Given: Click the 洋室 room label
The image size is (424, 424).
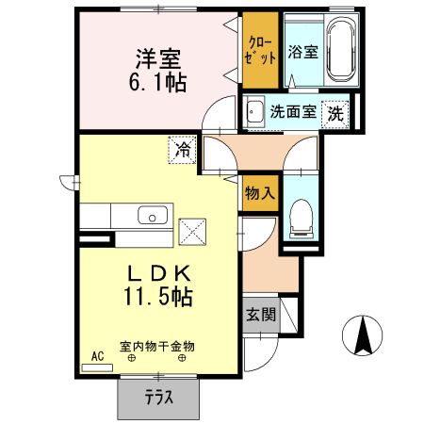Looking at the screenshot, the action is tap(158, 59).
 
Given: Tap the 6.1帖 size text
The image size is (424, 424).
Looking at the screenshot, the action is tap(157, 82).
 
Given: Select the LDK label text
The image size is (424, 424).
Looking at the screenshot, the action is tap(159, 273).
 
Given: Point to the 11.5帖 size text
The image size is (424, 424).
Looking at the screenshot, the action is tap(158, 296).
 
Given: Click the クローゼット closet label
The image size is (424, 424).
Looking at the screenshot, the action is tap(260, 51).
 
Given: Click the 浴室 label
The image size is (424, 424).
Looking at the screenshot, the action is tap(303, 52).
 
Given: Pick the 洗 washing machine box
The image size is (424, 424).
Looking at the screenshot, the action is tap(335, 115).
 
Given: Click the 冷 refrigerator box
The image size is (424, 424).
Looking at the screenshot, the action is tap(182, 150).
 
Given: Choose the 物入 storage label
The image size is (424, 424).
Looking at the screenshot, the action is tap(260, 193).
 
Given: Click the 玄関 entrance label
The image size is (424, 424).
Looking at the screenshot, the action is tap(261, 314).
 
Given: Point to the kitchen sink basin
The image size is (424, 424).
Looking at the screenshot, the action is tap(153, 215).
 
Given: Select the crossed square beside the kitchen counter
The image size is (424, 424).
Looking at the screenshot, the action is tap(192, 232).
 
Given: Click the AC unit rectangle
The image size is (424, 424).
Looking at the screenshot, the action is tap(97, 367).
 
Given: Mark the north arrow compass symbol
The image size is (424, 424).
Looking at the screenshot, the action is tap(362, 334).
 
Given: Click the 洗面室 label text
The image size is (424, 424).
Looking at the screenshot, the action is tap(293, 111).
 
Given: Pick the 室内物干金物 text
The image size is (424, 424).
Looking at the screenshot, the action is tap(157, 347).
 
